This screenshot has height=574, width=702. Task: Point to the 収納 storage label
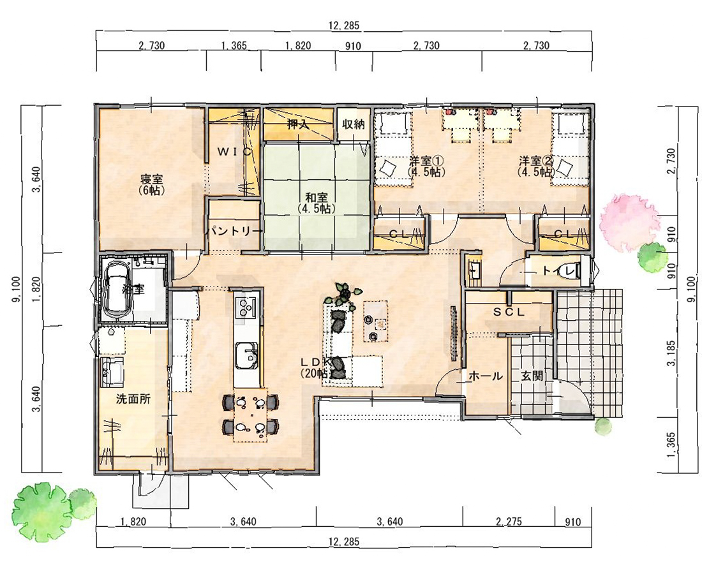tap(353, 124)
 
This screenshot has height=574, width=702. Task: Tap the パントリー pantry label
tap(234, 230)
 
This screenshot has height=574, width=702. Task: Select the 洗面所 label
tap(133, 400)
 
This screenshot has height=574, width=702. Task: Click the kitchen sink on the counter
tap(246, 356)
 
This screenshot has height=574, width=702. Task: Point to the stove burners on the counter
tap(245, 308)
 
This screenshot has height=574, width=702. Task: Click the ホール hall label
tap(486, 376)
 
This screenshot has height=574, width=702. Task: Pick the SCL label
tap(509, 313)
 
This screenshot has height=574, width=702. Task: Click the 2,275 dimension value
tap(509, 521)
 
